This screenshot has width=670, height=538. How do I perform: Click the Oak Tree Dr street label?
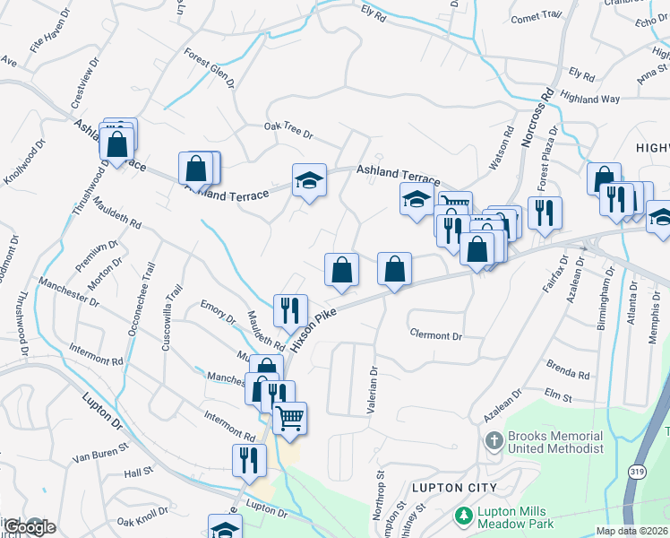288,131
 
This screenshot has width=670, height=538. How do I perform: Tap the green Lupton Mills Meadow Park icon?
463,516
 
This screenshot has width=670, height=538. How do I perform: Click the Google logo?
28,526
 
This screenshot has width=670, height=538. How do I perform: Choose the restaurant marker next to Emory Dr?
289,311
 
